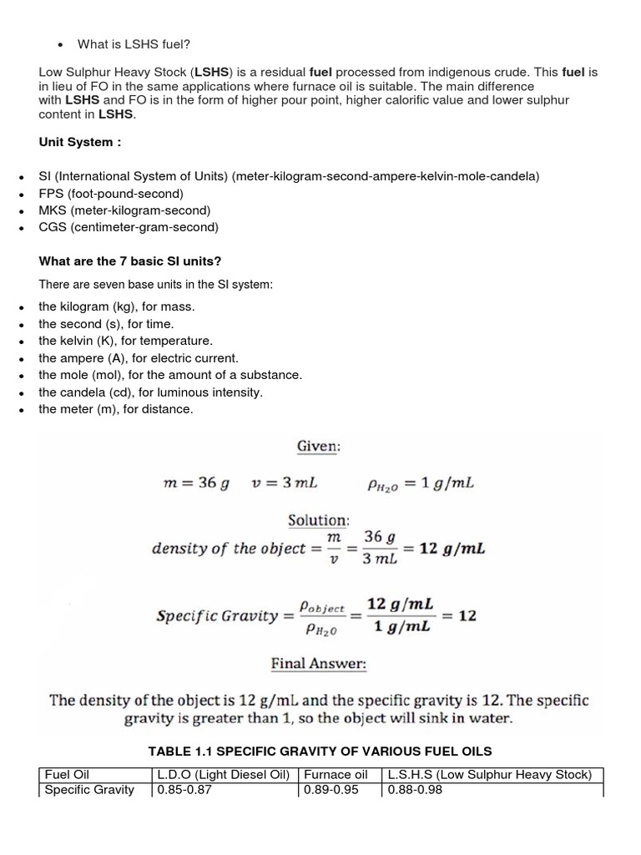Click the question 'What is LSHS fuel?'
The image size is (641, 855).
click(x=134, y=43)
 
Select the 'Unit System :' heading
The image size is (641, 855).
click(x=80, y=142)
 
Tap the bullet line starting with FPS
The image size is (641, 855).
click(x=110, y=193)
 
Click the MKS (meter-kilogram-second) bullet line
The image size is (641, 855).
click(x=124, y=210)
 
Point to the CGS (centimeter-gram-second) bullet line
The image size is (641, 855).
click(x=128, y=227)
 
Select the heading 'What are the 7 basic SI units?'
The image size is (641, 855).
click(x=129, y=261)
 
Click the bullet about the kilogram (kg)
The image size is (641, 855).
click(x=116, y=306)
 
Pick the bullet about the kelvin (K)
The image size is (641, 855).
click(x=125, y=341)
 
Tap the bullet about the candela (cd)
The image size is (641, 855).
click(x=150, y=392)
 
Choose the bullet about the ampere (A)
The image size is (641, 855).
click(x=138, y=357)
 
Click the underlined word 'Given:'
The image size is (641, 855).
click(x=318, y=447)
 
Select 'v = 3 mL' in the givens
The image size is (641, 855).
click(x=284, y=483)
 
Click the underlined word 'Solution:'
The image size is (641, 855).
click(x=318, y=519)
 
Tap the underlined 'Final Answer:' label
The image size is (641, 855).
click(x=318, y=665)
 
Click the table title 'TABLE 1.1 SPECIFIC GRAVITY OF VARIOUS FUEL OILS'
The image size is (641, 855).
click(x=320, y=751)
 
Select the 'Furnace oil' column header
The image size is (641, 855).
click(x=336, y=774)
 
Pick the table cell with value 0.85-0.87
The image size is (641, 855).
click(x=184, y=789)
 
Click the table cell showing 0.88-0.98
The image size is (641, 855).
click(x=415, y=789)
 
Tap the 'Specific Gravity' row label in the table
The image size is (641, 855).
click(x=89, y=789)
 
